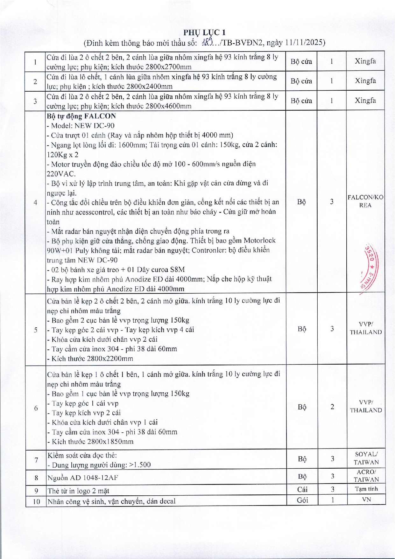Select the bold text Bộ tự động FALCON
point(81,116)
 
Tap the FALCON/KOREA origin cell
point(365,201)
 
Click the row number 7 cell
point(36,460)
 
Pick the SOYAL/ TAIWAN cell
point(366,458)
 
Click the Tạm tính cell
point(366,489)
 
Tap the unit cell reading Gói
point(302,500)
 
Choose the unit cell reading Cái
point(302,489)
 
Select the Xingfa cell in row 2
point(365,81)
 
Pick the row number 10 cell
point(36,501)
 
